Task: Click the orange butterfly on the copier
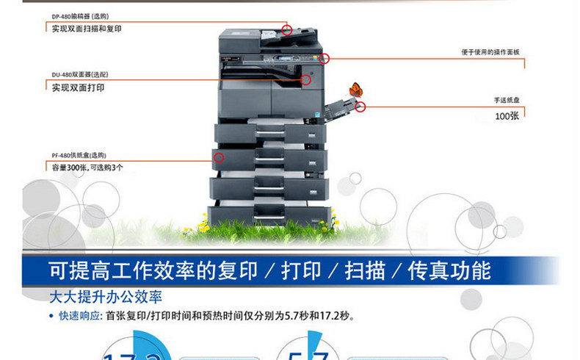coord(356,90)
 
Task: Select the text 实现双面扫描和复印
coord(87,29)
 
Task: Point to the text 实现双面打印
coord(78,87)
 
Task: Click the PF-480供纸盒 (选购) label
coord(79,155)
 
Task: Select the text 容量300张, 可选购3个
coord(87,168)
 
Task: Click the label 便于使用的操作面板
coord(490,52)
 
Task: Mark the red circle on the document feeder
coord(287,30)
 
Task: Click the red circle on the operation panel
coord(325,58)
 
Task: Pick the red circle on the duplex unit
coord(306,79)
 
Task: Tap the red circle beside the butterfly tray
coord(360,107)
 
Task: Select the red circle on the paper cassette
coord(217,156)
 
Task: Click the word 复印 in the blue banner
coord(239,270)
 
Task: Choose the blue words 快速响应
coord(80,317)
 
